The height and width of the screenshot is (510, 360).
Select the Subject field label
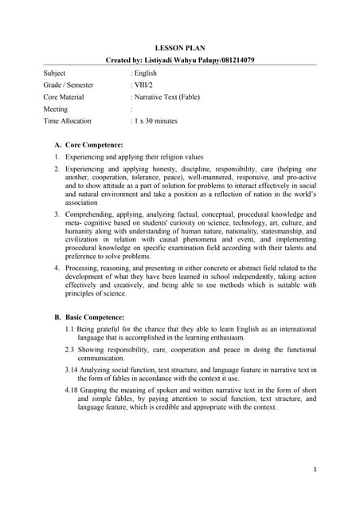point(55,73)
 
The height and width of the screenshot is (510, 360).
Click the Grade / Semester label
point(68,84)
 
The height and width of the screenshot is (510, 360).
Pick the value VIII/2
point(145,84)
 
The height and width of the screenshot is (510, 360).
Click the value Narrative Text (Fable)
point(167,96)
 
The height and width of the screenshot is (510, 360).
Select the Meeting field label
point(56,109)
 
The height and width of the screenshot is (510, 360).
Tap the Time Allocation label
point(68,121)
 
